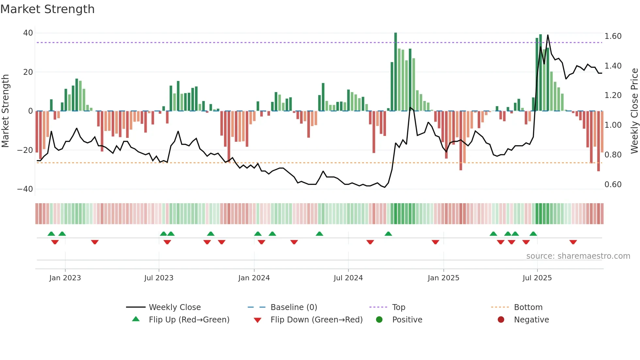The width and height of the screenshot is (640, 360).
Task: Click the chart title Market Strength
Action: (47, 9)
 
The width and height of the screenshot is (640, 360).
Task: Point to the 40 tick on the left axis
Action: (28, 33)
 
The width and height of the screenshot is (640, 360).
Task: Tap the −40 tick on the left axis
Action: (25, 189)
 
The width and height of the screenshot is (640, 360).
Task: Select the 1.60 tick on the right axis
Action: (613, 36)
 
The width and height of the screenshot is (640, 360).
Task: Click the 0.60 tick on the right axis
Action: (613, 185)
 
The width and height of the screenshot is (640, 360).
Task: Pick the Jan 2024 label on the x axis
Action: (254, 278)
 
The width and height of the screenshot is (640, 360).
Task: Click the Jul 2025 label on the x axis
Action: (537, 278)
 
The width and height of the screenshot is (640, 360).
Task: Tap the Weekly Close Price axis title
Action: (634, 111)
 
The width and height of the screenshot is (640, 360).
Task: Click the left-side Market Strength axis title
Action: (6, 111)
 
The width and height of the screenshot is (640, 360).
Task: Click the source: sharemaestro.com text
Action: (578, 256)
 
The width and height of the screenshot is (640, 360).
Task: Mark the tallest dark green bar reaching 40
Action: (395, 72)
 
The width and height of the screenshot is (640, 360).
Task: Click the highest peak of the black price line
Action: (548, 35)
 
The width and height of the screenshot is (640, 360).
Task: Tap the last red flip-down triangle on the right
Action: (573, 242)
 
